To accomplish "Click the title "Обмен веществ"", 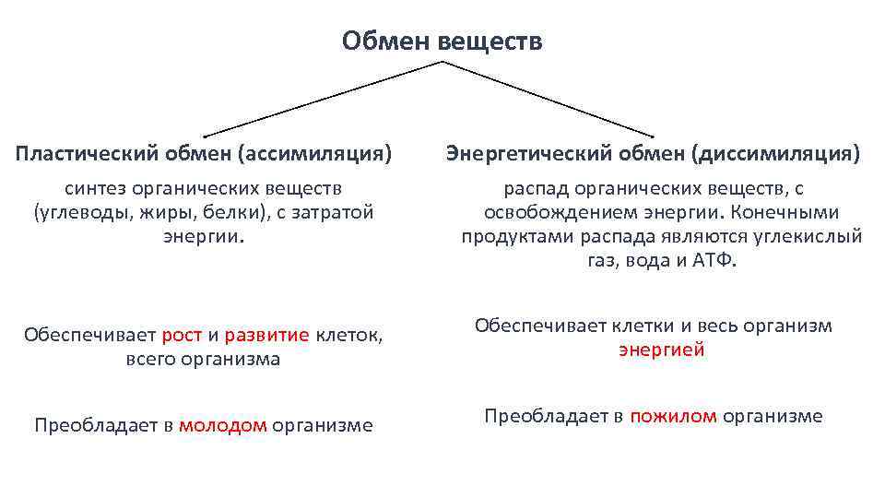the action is pos(442,41).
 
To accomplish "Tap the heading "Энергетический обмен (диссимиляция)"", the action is pos(653,153).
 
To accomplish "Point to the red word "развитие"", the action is pos(266,335).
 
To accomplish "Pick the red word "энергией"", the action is pos(661,350).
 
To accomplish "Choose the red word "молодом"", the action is pos(223,425).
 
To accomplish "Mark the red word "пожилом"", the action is pos(673,416).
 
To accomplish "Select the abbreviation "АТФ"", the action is pos(714,260).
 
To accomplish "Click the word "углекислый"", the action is pos(812,237).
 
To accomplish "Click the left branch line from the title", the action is pos(323,100).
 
